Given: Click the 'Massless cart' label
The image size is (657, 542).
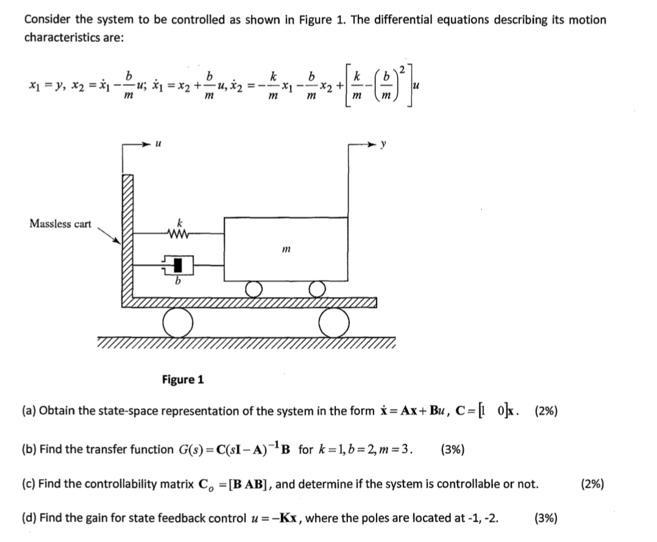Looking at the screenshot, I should (60, 223).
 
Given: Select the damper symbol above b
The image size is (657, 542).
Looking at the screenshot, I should (177, 264).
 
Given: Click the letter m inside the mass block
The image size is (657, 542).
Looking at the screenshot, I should (285, 248).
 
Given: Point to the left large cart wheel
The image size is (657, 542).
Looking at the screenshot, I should (179, 323).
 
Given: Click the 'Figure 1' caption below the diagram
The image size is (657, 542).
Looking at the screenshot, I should (183, 380).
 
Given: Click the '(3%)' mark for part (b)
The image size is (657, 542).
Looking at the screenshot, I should (452, 450).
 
